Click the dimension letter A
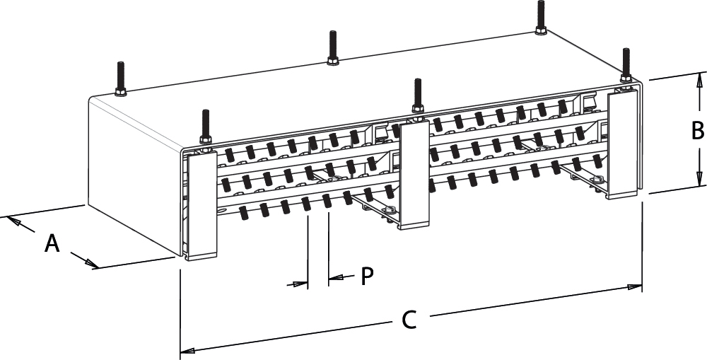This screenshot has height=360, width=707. pos(52,243)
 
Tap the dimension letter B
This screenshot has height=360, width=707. pos(697,131)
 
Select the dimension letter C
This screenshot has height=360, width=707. pos(409,320)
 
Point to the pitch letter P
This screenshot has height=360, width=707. pos(366,276)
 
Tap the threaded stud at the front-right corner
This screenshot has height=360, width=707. pos(626,63)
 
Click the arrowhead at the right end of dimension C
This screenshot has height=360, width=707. pos(636,287)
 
